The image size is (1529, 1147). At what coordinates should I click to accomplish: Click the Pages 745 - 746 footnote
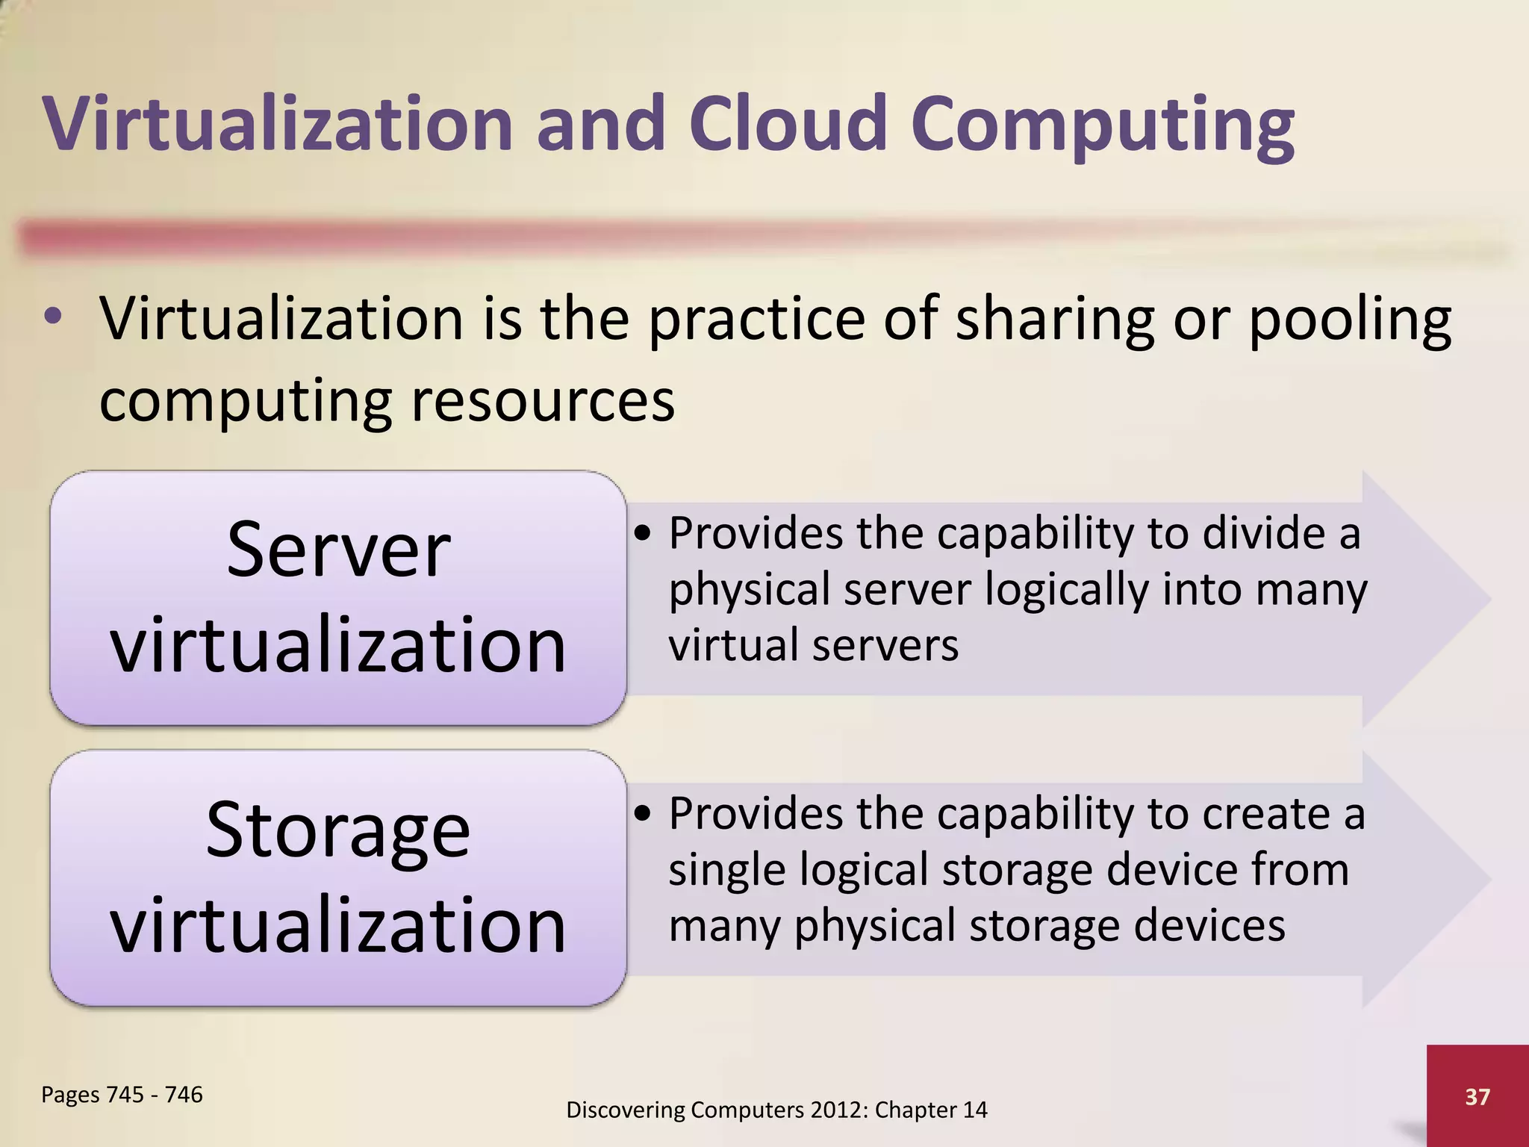pyautogui.click(x=122, y=1094)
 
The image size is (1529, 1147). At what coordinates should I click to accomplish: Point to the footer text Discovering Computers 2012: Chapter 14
pyautogui.click(x=776, y=1110)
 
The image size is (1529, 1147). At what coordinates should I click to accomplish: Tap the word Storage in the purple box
pyautogui.click(x=338, y=830)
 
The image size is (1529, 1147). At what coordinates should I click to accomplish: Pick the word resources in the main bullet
pyautogui.click(x=543, y=400)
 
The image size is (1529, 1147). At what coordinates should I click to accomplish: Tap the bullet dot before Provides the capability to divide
pyautogui.click(x=644, y=534)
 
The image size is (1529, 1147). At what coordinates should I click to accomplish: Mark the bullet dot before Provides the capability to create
pyautogui.click(x=644, y=814)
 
